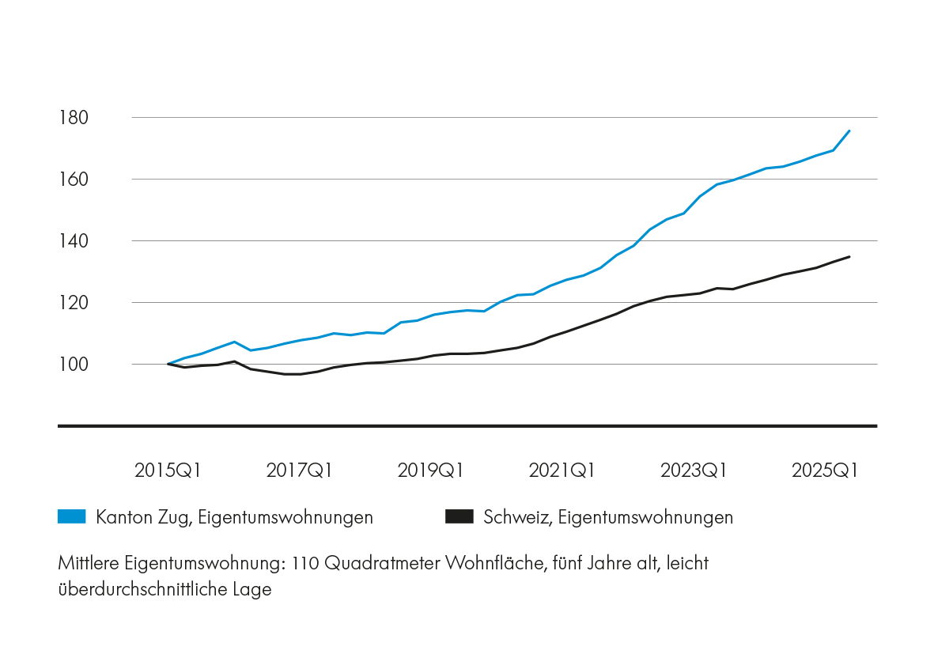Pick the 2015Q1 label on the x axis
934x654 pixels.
[x=168, y=471]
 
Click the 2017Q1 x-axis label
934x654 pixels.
[x=299, y=471]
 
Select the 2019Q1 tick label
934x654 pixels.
[x=430, y=471]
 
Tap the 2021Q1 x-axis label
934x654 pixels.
[x=562, y=471]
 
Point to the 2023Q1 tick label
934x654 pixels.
[x=694, y=471]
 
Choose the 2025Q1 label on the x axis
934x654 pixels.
[x=825, y=471]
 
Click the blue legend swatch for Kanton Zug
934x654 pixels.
[x=72, y=517]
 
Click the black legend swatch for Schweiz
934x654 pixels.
[x=459, y=517]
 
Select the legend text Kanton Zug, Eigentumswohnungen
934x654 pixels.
[x=234, y=518]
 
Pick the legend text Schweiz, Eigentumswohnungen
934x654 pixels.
[x=608, y=518]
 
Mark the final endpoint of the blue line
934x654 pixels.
[x=849, y=130]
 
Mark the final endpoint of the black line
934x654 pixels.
[x=849, y=256]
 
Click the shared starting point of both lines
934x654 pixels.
[x=168, y=364]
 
